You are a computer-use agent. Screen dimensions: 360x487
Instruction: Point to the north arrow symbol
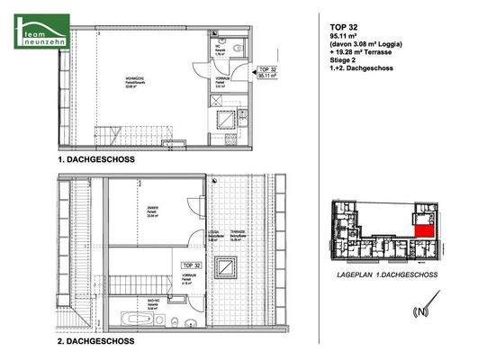[416, 311]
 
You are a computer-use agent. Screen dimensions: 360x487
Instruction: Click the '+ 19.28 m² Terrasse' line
[360, 57]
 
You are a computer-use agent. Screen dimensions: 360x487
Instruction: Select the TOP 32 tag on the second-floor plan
[190, 265]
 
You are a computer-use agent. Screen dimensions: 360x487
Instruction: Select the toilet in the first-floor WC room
[232, 49]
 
